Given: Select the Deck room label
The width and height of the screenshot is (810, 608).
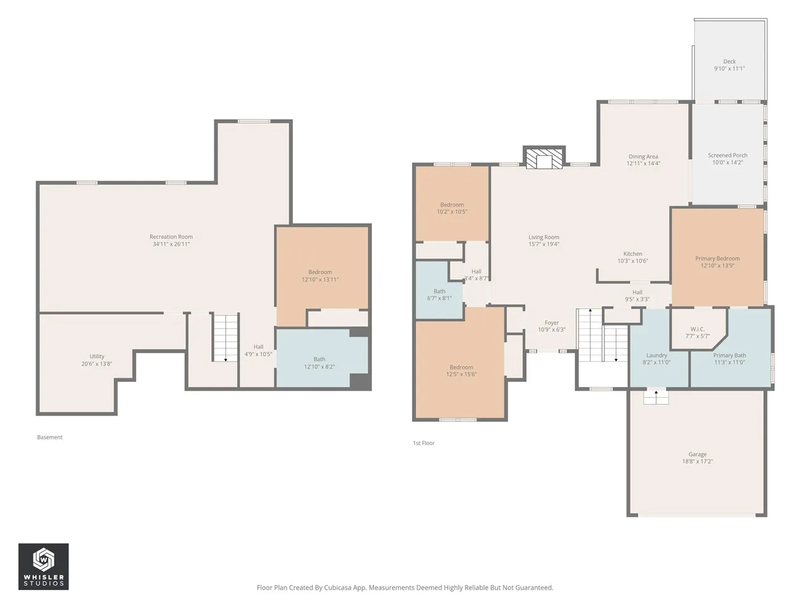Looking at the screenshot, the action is click(729, 61).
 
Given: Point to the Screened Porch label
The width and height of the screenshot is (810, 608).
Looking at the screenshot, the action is click(727, 155).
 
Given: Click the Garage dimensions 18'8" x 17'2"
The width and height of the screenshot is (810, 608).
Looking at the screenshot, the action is click(697, 461).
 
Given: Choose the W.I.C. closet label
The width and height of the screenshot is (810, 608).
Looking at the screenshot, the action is click(697, 329).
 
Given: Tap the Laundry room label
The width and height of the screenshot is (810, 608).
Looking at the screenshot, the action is click(656, 355).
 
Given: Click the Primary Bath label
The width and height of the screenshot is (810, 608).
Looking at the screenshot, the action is click(729, 355).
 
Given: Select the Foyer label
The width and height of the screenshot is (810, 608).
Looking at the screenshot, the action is click(551, 322).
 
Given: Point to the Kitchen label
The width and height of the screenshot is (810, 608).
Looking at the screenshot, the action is click(633, 253).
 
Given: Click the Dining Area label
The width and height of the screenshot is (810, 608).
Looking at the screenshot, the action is click(643, 156).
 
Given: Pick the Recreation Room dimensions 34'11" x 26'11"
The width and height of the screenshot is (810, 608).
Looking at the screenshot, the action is click(171, 244).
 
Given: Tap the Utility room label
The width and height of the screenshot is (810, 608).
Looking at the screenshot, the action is click(97, 356).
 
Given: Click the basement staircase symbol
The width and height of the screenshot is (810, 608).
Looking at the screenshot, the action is click(225, 338).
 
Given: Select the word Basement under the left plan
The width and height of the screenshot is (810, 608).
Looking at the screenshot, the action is click(50, 437).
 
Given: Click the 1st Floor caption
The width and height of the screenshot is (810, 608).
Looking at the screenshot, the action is click(423, 443).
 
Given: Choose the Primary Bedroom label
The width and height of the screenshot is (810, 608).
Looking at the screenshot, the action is click(717, 258).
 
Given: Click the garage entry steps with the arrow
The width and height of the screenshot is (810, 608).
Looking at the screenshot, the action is click(656, 397).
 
